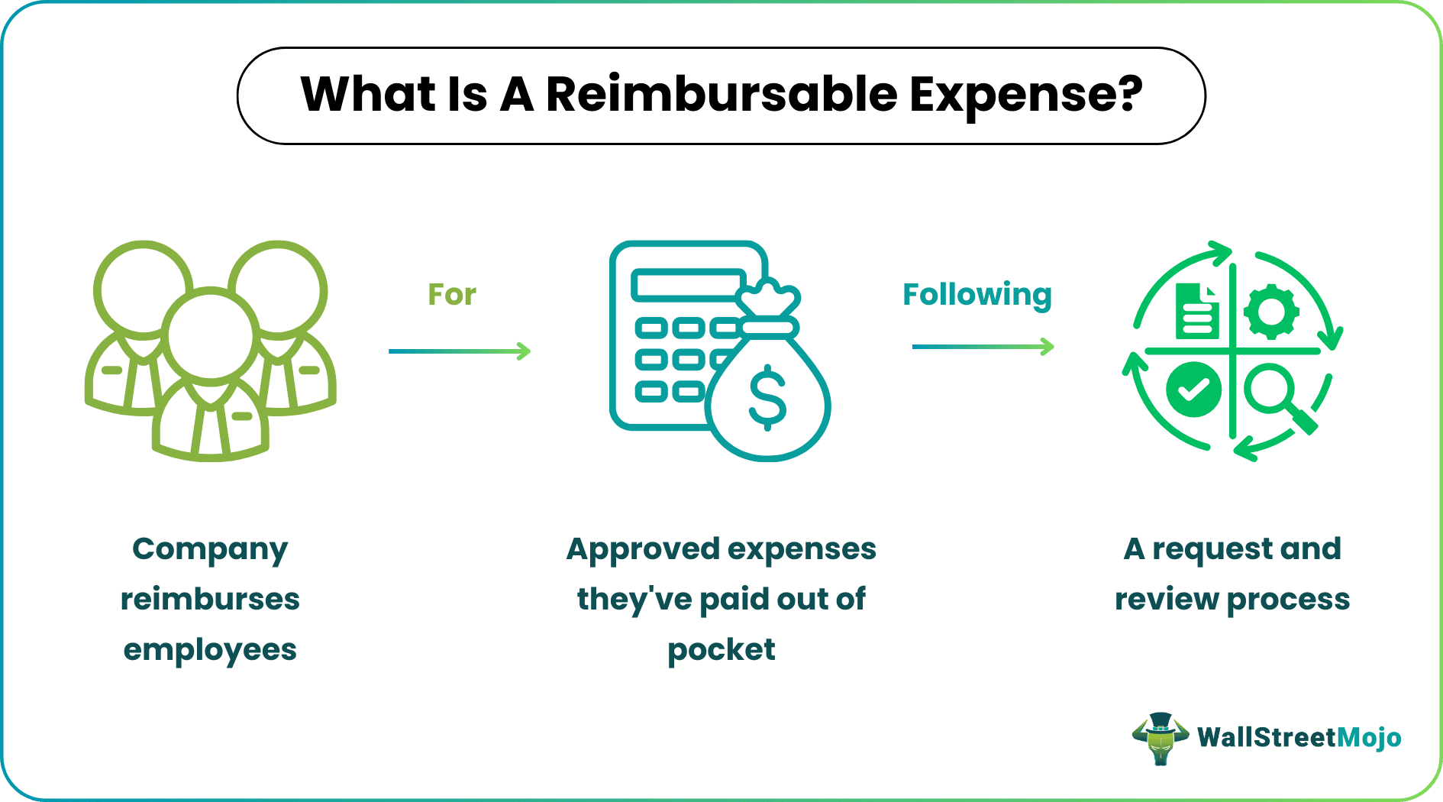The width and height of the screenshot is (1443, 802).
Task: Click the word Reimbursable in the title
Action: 721,95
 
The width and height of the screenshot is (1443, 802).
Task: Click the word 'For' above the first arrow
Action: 452,295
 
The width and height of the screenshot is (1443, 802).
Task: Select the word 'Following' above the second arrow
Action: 977,295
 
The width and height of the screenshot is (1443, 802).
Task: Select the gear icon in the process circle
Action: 1271,312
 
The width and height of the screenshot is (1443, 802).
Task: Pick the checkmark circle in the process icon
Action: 1193,390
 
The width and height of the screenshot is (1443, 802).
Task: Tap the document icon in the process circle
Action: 1196,311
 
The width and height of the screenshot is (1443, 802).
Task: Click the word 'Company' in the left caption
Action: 210,549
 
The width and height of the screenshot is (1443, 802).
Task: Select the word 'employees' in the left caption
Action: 210,650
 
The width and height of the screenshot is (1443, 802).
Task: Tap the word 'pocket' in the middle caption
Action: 721,650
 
